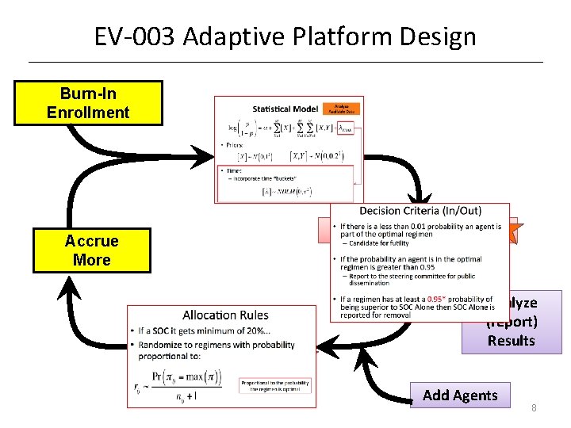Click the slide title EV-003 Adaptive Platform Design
coord(285,36)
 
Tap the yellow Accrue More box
coord(91,250)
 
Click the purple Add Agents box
coord(460,396)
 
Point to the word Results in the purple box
coord(512,341)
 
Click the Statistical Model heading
coord(285,109)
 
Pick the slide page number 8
coord(534,408)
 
